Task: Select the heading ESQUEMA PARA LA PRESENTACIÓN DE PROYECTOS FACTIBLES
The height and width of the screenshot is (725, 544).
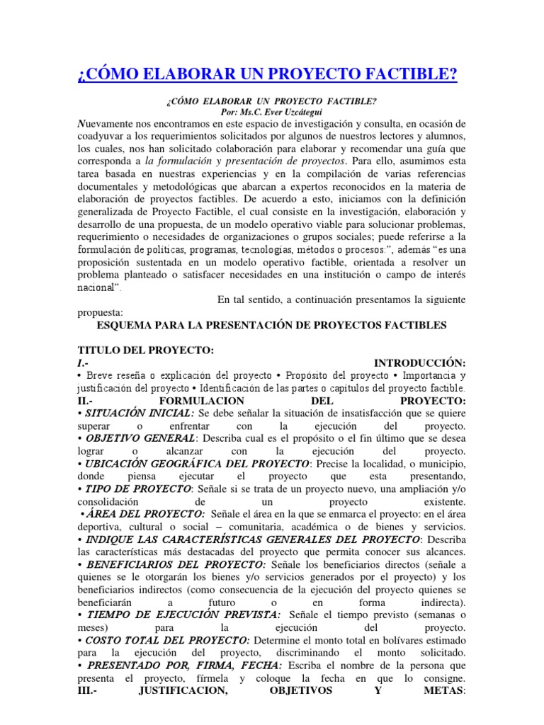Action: pyautogui.click(x=271, y=324)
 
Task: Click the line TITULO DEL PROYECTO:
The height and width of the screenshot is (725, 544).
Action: pyautogui.click(x=144, y=351)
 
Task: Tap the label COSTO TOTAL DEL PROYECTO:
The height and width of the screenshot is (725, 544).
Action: pyautogui.click(x=168, y=640)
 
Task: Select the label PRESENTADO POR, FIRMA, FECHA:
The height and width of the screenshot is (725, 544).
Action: pyautogui.click(x=183, y=666)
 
